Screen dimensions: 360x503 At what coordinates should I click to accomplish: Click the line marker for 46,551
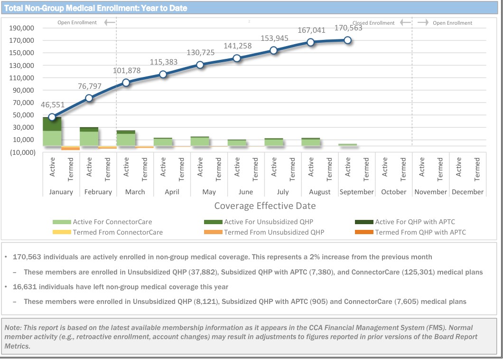pyautogui.click(x=52, y=117)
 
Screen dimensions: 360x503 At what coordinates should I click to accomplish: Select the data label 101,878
pyautogui.click(x=127, y=71)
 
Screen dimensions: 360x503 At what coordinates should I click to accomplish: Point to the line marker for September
pyautogui.click(x=348, y=40)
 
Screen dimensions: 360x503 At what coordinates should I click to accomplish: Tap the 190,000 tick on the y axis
pyautogui.click(x=21, y=28)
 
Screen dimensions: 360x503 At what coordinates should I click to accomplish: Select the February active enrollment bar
pyautogui.click(x=89, y=136)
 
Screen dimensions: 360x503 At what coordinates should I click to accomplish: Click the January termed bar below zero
pyautogui.click(x=71, y=148)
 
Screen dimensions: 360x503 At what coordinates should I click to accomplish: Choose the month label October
pyautogui.click(x=393, y=192)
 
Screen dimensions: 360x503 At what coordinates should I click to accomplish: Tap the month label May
pyautogui.click(x=209, y=192)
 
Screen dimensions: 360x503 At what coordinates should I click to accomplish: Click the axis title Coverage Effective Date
pyautogui.click(x=265, y=206)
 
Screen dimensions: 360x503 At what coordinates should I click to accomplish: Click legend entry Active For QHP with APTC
pyautogui.click(x=415, y=222)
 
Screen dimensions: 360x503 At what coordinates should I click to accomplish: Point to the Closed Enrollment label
pyautogui.click(x=373, y=23)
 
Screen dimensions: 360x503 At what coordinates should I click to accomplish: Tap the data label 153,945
pyautogui.click(x=275, y=38)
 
